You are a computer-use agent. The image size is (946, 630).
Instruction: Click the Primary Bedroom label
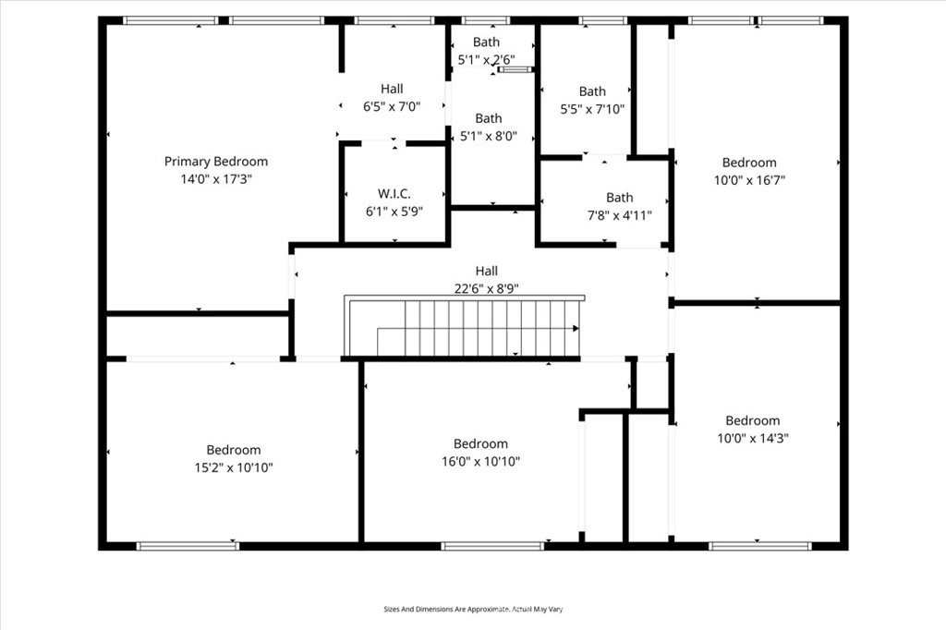[216, 162]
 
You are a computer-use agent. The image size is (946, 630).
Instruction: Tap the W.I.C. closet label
[394, 194]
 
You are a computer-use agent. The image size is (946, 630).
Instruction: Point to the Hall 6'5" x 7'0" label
[392, 98]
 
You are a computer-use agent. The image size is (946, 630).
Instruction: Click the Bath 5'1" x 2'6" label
[486, 51]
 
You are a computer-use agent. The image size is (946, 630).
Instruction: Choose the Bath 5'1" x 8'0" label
[488, 127]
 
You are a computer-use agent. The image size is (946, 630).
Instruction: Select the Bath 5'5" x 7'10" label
[592, 100]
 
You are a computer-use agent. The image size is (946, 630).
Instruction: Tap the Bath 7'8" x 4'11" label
[620, 207]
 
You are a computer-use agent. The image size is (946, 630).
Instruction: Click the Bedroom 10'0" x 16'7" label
[749, 172]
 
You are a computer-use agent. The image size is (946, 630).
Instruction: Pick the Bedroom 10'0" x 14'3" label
[752, 430]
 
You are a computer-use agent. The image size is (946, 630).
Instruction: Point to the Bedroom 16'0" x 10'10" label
[480, 453]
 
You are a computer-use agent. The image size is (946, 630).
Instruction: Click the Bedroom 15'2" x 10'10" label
[233, 459]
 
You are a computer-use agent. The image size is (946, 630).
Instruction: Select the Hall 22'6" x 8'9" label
[486, 279]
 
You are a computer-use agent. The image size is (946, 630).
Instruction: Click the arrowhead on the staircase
[576, 328]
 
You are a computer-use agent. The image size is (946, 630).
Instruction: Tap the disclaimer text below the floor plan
[473, 610]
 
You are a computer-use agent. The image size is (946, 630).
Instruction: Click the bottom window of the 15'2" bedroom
[188, 546]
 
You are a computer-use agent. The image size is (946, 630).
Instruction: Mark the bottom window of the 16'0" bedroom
[491, 546]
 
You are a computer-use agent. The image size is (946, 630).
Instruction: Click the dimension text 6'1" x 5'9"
[394, 212]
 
